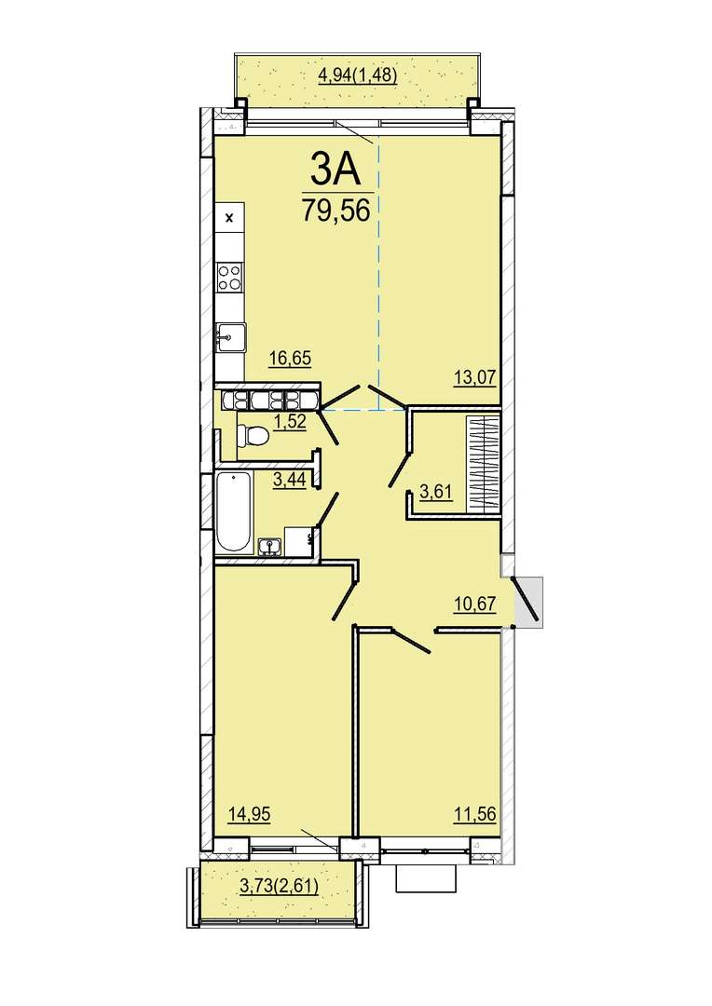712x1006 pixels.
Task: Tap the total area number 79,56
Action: point(335,210)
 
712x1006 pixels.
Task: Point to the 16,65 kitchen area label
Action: point(290,358)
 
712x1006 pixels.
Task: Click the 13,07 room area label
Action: point(475,376)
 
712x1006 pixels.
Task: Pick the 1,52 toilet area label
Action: point(289,422)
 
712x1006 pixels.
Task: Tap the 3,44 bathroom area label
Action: point(289,480)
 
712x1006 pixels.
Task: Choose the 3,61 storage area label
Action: point(436,493)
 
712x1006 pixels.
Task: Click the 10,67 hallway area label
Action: point(475,605)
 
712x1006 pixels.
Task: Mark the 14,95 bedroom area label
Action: point(250,814)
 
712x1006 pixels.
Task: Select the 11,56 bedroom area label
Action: point(475,814)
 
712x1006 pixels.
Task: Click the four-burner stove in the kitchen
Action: point(230,278)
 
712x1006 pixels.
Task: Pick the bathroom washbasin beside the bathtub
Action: point(270,546)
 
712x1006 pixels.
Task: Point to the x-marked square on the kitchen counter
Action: point(230,217)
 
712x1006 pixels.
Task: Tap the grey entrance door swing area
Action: point(529,600)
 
